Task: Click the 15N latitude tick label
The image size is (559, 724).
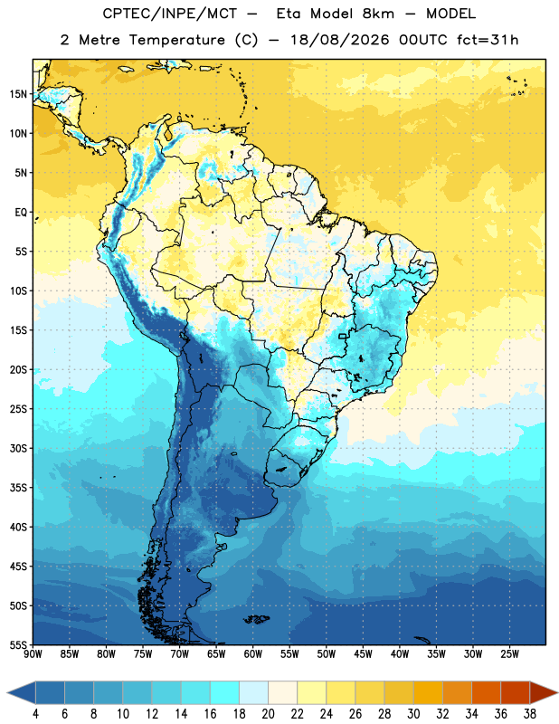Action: pos(18,94)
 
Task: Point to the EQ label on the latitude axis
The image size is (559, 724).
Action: pos(21,213)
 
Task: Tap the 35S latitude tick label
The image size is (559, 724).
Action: pos(18,488)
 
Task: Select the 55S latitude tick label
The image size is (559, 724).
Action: pos(18,644)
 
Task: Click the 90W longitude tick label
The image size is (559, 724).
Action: pos(33,654)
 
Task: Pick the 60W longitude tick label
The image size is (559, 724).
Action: pos(253,654)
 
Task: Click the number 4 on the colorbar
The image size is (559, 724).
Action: pos(35,714)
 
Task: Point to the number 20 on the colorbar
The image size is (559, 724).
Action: pos(268,714)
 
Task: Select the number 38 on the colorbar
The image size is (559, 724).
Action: pos(530,714)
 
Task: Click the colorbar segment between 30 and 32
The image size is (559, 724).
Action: pos(428,692)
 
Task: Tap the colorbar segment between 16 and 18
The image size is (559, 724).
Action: pos(224,692)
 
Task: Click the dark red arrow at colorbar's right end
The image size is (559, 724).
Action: pos(544,692)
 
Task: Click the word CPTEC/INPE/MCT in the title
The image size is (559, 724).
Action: pos(169,14)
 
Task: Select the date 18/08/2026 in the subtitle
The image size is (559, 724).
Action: pos(340,40)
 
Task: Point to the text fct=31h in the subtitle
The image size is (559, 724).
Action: pos(488,40)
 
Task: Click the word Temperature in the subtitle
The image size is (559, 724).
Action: pos(176,40)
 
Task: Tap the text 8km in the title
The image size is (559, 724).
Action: pos(378,14)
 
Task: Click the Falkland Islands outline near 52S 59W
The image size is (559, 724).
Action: pos(256,619)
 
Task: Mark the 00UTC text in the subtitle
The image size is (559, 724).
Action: pos(422,40)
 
